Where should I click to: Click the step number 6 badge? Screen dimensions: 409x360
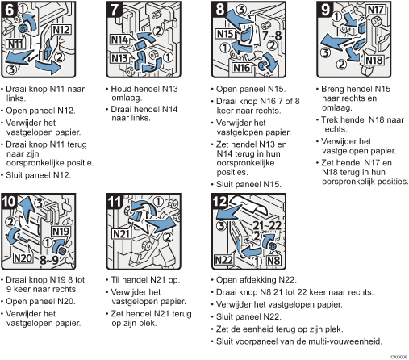click(10, 10)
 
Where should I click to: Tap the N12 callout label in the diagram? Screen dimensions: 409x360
click(61, 30)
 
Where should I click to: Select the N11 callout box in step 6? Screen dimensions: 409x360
click(15, 44)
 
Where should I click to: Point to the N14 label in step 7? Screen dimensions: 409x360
click(120, 40)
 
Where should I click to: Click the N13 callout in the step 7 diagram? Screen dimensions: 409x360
click(119, 58)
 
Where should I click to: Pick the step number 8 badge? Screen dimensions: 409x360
click(220, 9)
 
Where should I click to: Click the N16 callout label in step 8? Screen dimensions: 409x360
click(241, 68)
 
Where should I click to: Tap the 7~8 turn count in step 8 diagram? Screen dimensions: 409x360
click(272, 36)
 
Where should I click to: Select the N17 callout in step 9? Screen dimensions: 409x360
click(375, 10)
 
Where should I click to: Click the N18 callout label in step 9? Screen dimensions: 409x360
click(374, 60)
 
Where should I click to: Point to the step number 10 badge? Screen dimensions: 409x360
click(10, 201)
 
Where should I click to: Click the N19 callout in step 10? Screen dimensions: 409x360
click(61, 231)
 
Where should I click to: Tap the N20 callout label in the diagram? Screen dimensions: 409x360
click(23, 258)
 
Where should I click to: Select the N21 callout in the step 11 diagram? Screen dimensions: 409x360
click(122, 234)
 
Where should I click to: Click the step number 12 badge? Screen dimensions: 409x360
click(220, 201)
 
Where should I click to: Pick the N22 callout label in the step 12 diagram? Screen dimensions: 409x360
click(223, 260)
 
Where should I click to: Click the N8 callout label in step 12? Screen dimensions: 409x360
click(273, 261)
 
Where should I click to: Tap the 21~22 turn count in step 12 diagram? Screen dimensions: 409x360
click(267, 225)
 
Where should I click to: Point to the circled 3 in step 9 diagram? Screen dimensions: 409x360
click(325, 52)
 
